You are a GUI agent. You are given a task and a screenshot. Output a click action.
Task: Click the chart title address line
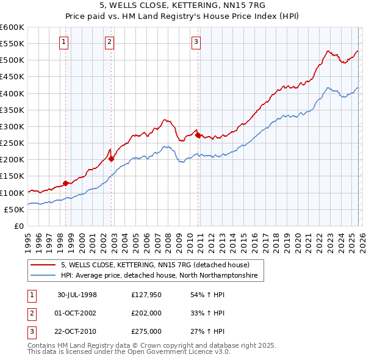(182, 7)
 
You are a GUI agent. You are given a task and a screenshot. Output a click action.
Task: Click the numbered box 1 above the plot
(64, 42)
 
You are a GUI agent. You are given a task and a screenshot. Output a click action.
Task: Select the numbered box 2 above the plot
(109, 42)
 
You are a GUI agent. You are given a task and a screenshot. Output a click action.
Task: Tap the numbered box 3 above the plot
(196, 42)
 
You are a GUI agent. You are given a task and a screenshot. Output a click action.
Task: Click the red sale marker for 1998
(65, 183)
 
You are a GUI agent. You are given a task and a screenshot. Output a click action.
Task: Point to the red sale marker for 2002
(111, 159)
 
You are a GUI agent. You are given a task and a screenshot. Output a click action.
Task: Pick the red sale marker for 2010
(198, 134)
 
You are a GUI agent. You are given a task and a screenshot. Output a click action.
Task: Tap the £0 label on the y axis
(18, 226)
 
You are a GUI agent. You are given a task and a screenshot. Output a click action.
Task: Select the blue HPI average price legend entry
(159, 276)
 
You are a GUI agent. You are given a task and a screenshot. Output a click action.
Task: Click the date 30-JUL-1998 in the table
(77, 295)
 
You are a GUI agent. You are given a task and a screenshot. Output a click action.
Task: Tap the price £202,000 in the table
(146, 313)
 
